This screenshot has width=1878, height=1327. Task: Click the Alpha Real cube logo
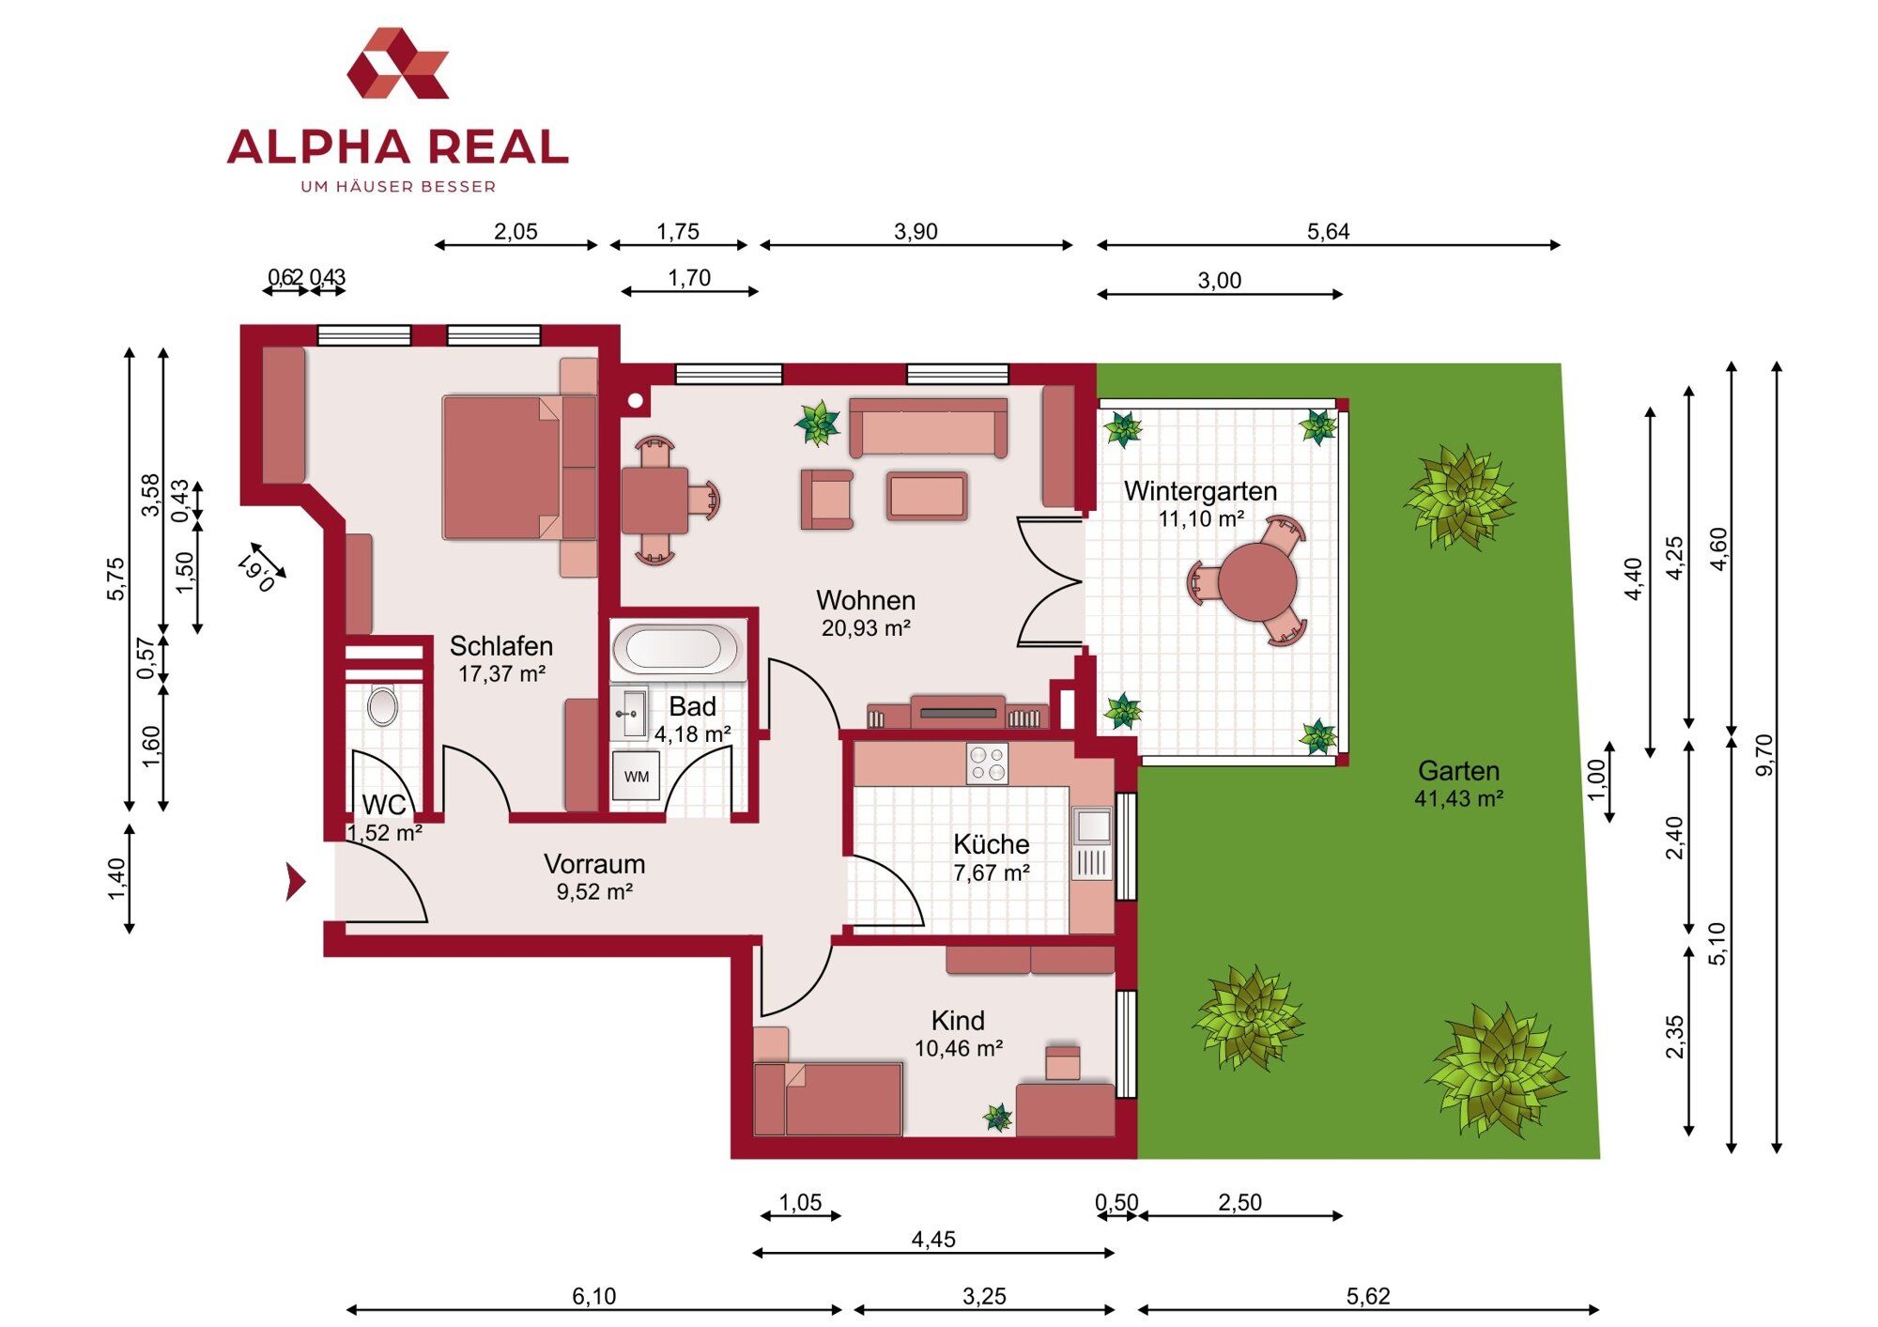[x=398, y=63]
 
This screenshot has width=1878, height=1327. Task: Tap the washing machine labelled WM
[x=636, y=776]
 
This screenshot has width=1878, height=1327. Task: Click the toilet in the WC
[x=382, y=706]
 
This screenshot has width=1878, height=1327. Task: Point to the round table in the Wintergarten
[x=1257, y=582]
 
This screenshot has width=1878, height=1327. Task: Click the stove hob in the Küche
[x=987, y=764]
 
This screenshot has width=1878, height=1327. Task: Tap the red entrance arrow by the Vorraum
[x=296, y=882]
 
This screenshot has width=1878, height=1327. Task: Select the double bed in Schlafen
[x=519, y=468]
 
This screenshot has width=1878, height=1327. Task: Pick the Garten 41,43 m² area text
[x=1458, y=784]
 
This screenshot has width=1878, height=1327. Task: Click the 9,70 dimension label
[x=1764, y=755]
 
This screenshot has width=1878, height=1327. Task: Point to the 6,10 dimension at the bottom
[x=593, y=1296]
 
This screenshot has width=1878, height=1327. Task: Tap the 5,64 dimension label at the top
[x=1328, y=231]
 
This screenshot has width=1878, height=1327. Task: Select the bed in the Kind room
[x=828, y=1099]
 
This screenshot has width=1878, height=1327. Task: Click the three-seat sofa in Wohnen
[x=928, y=427]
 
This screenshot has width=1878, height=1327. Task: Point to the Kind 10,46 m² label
[x=958, y=1034]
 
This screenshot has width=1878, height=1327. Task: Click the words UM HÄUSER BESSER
[x=398, y=187]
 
